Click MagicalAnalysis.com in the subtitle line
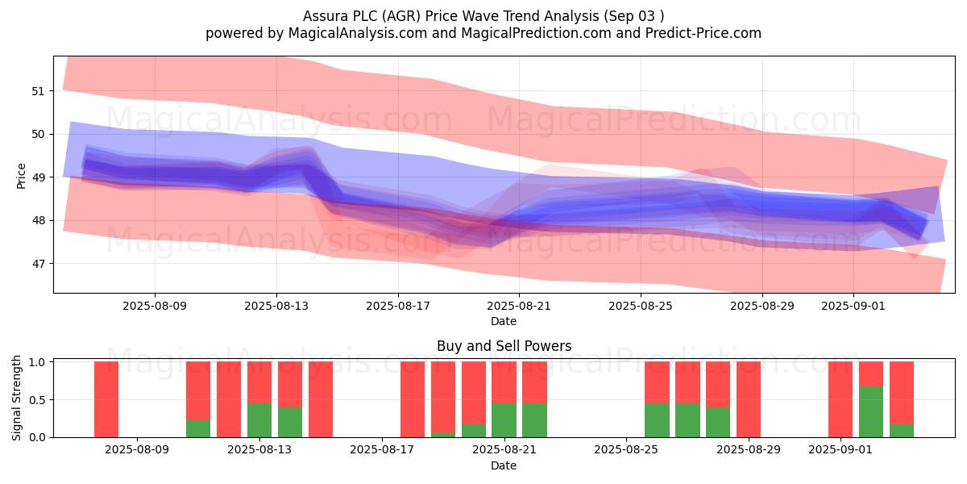(x=358, y=33)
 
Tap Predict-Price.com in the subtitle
(x=703, y=33)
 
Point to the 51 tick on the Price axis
(x=38, y=91)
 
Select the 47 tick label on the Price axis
(x=38, y=264)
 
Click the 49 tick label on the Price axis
(x=38, y=177)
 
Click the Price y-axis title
(x=21, y=176)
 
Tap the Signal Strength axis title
(x=16, y=398)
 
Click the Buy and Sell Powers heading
(x=504, y=346)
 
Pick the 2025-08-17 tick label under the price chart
(x=398, y=306)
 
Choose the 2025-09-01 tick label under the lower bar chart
(x=840, y=450)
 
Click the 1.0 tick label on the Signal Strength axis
(x=37, y=362)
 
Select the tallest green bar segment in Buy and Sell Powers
(x=871, y=412)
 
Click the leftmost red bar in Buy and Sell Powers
(x=106, y=399)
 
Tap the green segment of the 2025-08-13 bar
(x=259, y=420)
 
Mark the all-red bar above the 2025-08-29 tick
(x=749, y=399)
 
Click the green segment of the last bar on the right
(x=902, y=431)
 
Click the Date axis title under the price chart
(x=504, y=321)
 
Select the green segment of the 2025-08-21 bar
(x=504, y=420)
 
